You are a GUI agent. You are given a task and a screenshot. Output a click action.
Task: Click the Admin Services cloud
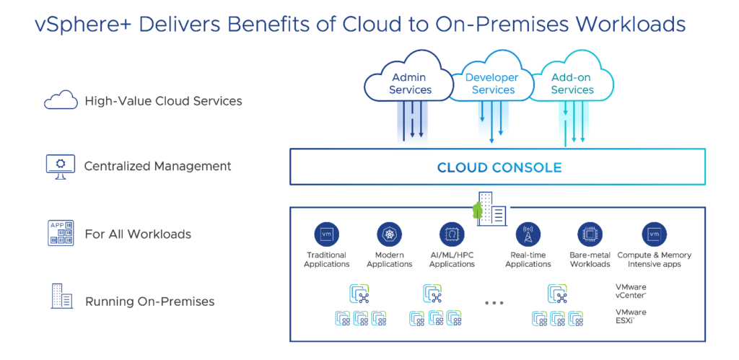tap(408, 84)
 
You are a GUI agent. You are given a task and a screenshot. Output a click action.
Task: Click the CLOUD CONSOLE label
tap(499, 167)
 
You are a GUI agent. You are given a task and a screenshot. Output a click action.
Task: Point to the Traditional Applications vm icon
tap(327, 234)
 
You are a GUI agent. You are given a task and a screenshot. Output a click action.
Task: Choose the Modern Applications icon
tap(389, 234)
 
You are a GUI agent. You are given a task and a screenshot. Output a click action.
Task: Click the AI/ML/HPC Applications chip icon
tap(452, 234)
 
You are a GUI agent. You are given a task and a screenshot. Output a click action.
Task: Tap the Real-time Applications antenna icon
tap(528, 234)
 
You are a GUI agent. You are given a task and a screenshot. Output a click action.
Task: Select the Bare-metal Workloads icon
tap(590, 234)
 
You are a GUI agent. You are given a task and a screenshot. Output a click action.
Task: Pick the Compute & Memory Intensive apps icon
tap(654, 234)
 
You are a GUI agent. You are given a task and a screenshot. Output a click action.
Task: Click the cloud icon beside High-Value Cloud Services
tap(61, 100)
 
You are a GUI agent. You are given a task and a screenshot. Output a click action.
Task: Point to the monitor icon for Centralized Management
tap(61, 167)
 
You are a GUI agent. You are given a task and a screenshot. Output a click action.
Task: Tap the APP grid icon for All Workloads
tap(61, 232)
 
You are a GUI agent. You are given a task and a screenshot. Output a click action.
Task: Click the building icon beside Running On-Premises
tap(61, 296)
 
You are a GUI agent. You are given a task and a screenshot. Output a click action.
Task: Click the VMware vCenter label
tap(631, 291)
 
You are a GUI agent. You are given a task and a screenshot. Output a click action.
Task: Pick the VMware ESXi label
tap(631, 316)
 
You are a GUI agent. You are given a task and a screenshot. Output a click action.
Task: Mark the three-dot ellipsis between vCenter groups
tap(494, 303)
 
